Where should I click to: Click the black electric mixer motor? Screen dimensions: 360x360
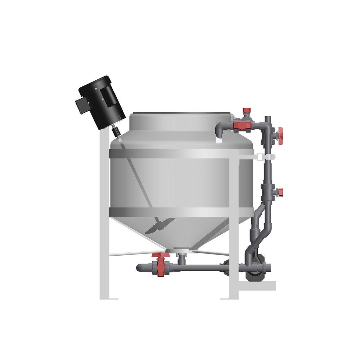[x=101, y=103]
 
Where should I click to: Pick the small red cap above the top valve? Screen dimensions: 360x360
[x=246, y=110]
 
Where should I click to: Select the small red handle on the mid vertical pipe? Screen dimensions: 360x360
[x=279, y=191]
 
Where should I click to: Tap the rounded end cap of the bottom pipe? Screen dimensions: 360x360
[x=139, y=267]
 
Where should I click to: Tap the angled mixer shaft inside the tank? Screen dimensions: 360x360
[x=137, y=180]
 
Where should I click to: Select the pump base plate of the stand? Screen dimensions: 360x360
[x=257, y=285]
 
